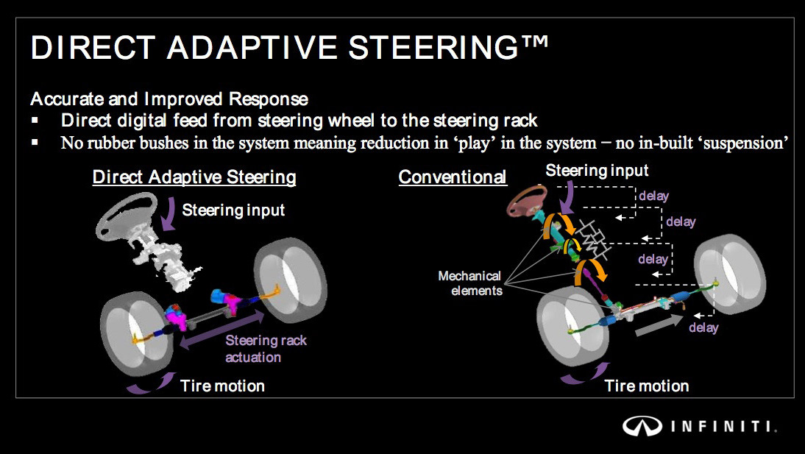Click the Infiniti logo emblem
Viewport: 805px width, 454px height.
pos(642,426)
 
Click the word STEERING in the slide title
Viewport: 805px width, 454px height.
pos(433,47)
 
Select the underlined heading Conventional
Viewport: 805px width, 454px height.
pos(453,177)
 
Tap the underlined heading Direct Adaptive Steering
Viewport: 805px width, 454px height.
pos(194,177)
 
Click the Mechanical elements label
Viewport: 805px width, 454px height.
pos(469,283)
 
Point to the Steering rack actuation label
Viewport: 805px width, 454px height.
pos(266,349)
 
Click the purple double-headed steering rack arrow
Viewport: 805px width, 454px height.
pos(221,330)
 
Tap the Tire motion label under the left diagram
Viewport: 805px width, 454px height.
pos(222,386)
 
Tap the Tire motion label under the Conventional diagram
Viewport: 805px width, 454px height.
pos(646,386)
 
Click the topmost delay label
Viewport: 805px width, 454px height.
pos(653,196)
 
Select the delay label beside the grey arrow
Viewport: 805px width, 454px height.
pos(703,327)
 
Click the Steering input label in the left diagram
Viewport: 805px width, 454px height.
pos(233,210)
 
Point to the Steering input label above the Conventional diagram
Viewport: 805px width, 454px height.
pos(597,171)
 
